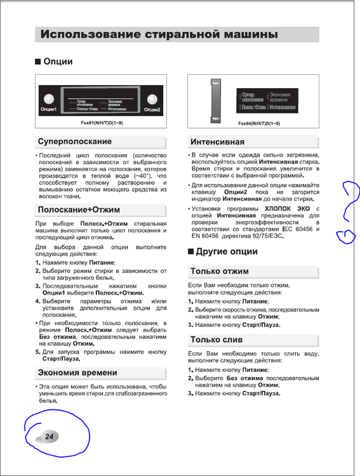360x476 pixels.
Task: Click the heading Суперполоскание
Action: [x=75, y=142]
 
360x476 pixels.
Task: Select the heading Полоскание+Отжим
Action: [x=79, y=209]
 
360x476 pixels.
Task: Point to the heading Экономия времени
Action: [x=77, y=373]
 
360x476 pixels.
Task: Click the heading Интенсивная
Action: [x=218, y=142]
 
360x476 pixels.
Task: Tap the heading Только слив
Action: [x=216, y=340]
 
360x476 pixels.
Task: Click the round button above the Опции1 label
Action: [x=50, y=98]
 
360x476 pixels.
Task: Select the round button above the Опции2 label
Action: [x=152, y=98]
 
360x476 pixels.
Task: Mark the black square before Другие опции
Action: [x=191, y=252]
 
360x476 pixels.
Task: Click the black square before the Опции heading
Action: [x=37, y=62]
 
